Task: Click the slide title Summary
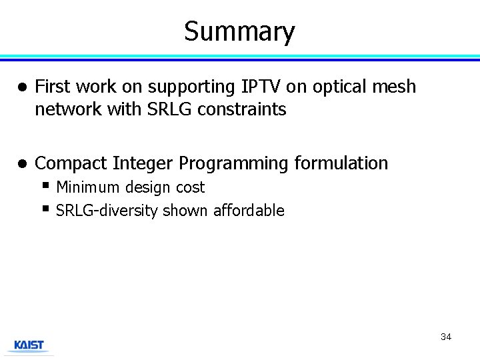click(x=239, y=31)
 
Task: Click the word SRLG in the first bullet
click(x=159, y=109)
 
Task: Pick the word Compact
click(x=71, y=163)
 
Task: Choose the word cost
click(x=190, y=188)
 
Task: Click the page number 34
click(x=445, y=337)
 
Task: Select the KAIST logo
click(x=29, y=345)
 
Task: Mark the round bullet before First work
click(x=21, y=87)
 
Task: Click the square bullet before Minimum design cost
click(x=45, y=185)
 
